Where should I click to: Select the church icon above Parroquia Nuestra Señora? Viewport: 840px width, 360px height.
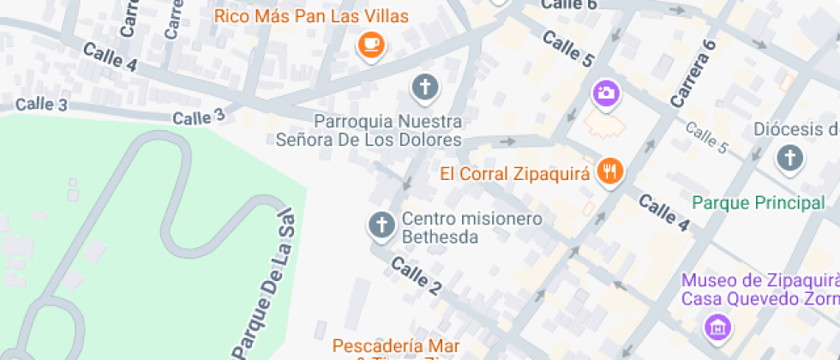[424, 87]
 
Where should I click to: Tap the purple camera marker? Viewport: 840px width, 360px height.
[606, 93]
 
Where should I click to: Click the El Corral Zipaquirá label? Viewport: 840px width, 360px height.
[515, 173]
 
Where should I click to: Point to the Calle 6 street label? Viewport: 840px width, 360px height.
[567, 5]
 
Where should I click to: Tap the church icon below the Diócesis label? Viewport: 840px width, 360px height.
[789, 159]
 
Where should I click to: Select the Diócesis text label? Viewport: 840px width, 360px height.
[795, 129]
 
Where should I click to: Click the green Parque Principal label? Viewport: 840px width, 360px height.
[758, 203]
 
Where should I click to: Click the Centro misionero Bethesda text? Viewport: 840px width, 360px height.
[471, 227]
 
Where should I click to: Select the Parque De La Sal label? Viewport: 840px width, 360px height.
[267, 283]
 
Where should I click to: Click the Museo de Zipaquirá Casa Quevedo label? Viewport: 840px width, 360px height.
[759, 290]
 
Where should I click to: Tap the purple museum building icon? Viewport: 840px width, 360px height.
[717, 326]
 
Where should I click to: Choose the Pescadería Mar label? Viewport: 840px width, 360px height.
[395, 346]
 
